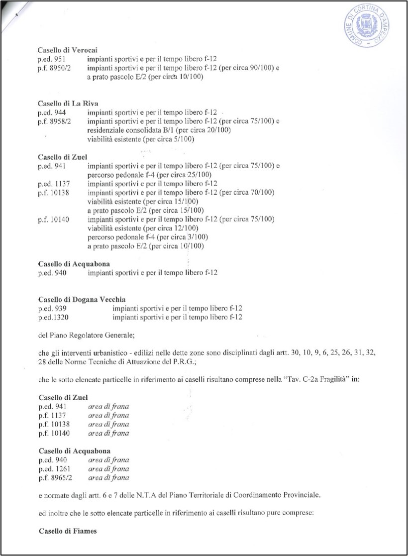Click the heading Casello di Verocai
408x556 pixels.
tap(67, 50)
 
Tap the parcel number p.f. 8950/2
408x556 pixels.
tap(54, 68)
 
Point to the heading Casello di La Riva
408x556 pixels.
tap(68, 103)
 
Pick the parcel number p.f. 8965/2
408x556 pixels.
tap(54, 478)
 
